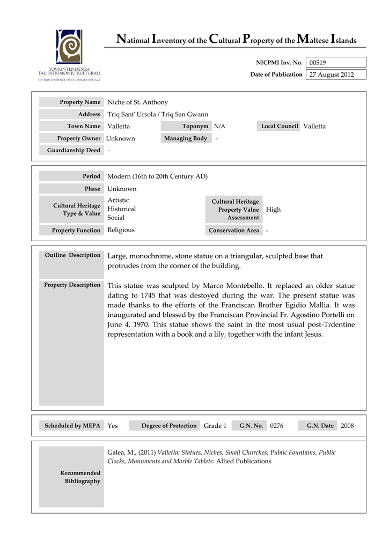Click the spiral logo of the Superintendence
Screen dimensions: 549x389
coord(69,47)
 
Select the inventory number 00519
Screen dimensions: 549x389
coord(318,63)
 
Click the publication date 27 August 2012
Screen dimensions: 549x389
coord(331,75)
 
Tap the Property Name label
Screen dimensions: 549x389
coord(80,102)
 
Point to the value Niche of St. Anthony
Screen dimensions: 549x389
coord(137,102)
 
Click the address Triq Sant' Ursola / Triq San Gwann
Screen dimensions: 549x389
coord(158,114)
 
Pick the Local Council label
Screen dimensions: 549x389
coord(279,127)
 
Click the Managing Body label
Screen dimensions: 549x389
coord(185,138)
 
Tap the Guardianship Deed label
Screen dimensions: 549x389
coord(74,151)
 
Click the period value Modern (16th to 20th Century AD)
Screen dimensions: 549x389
coord(157,176)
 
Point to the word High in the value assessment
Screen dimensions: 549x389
coord(273,210)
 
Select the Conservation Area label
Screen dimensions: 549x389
coord(233,231)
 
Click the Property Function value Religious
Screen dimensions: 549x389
coord(121,230)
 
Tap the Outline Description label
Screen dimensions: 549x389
coord(72,255)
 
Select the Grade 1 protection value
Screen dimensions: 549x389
coord(215,426)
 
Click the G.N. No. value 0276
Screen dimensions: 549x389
coord(276,426)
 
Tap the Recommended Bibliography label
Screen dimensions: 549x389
coord(80,477)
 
